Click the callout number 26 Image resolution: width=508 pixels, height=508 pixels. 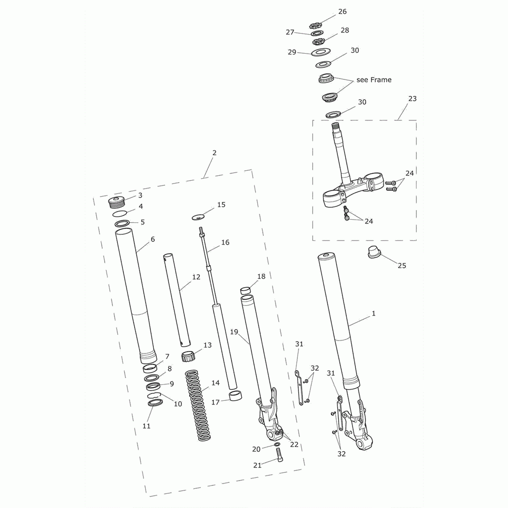(342, 12)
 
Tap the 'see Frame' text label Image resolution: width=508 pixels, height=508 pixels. (374, 80)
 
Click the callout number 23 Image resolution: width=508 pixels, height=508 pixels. (412, 99)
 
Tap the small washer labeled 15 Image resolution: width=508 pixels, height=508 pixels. (198, 217)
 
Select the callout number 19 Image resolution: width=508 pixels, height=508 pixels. (234, 332)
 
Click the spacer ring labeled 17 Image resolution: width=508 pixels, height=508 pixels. (235, 396)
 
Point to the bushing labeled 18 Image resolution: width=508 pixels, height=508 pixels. (246, 291)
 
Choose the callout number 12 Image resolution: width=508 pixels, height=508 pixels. (196, 277)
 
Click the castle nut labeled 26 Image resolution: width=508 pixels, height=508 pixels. (315, 25)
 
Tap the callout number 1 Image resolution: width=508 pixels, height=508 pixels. (373, 314)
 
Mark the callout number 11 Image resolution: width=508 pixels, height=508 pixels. (146, 426)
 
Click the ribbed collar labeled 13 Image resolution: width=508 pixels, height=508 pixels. (188, 356)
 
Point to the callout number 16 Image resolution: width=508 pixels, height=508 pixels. (225, 242)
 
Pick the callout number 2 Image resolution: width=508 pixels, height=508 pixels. (214, 153)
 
